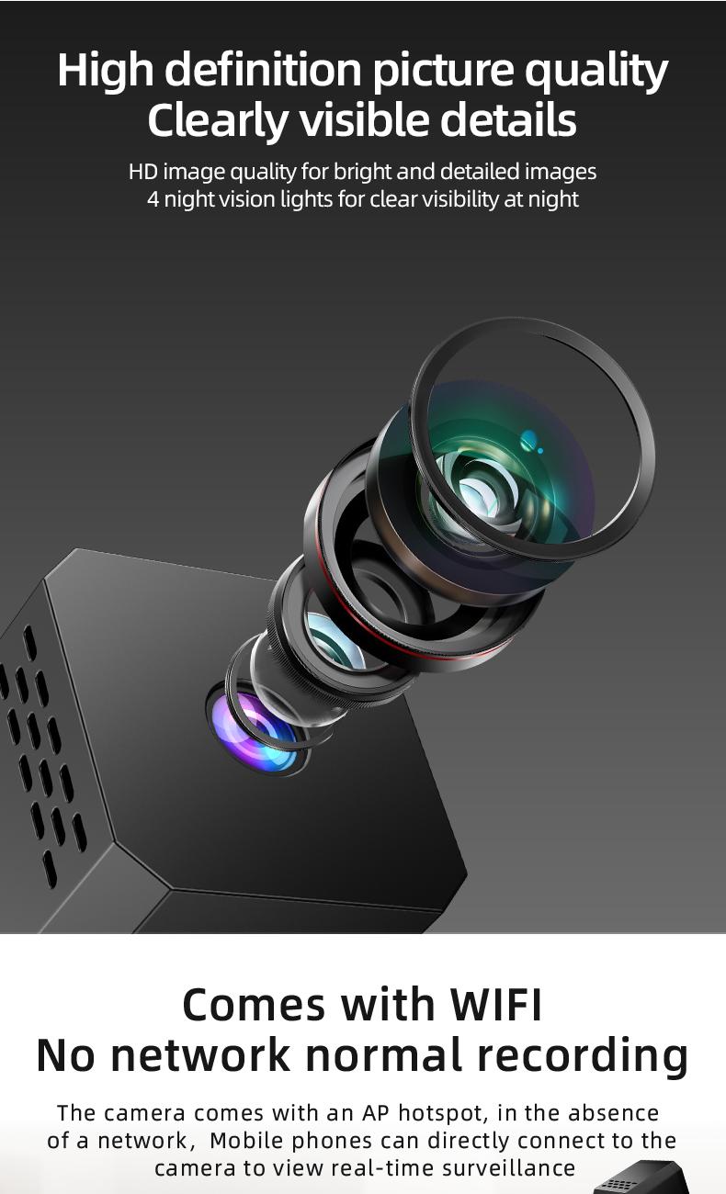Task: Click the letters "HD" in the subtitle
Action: pos(142,172)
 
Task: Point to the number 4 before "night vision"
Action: pos(153,199)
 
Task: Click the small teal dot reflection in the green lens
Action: pos(528,442)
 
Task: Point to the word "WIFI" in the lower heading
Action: pos(497,1005)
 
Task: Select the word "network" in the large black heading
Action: pos(199,1055)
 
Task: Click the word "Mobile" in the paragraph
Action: pos(245,1141)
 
